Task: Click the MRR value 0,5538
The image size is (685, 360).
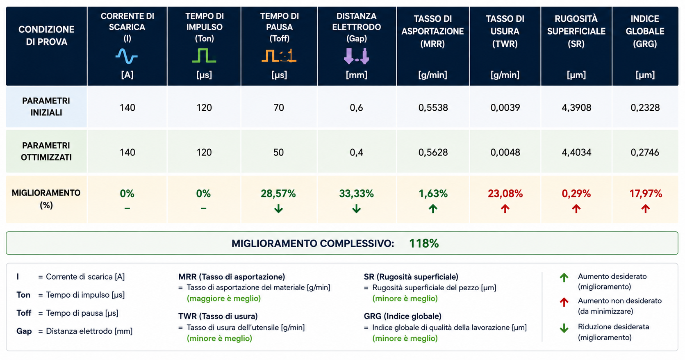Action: (433, 108)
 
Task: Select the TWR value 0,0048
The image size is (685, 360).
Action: (505, 152)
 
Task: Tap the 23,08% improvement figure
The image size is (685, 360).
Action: (505, 194)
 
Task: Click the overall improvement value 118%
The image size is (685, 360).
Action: (424, 244)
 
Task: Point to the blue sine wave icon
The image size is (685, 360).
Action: (127, 56)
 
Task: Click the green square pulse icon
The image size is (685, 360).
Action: (204, 55)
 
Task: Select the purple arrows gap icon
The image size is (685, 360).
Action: (357, 56)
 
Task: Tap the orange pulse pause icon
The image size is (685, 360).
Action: (279, 56)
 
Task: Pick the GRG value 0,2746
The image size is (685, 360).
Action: (645, 152)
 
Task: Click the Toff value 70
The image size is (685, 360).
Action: (279, 108)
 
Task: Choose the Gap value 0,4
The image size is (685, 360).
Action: (356, 152)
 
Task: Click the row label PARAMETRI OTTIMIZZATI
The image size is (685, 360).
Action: (46, 151)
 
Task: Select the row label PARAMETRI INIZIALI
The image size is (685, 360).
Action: (46, 107)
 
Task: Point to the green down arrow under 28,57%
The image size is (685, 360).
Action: (278, 209)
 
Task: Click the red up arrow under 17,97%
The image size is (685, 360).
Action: (646, 209)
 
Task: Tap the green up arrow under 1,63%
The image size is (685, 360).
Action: (433, 209)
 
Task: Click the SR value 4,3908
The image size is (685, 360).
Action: (576, 108)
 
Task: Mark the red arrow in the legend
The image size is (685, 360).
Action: (564, 302)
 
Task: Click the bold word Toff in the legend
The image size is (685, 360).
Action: (24, 313)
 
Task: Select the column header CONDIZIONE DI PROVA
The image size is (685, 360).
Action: (46, 36)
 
